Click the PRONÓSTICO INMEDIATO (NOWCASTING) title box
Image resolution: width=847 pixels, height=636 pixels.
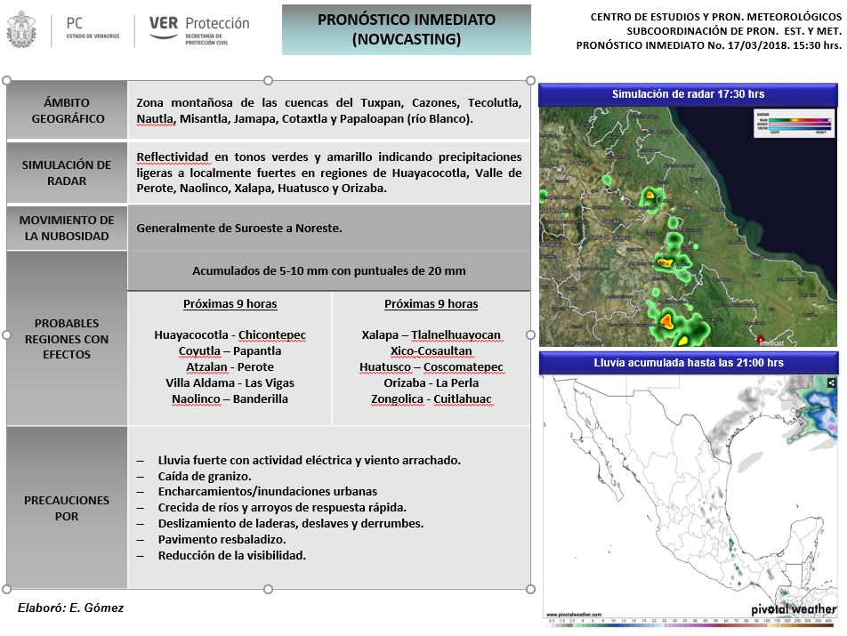point(407,30)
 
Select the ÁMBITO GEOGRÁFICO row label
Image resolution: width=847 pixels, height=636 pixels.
point(68,110)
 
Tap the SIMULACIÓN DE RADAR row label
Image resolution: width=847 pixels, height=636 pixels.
point(68,173)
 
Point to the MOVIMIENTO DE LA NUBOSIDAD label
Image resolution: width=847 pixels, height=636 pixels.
point(68,228)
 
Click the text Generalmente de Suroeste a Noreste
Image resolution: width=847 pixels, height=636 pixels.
point(239,229)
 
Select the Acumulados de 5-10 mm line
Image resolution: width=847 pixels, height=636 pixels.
point(328,271)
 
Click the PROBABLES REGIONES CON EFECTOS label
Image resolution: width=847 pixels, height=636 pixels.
point(68,339)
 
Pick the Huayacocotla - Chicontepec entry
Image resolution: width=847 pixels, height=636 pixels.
point(230,335)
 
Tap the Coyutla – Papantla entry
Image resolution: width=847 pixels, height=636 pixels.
point(230,351)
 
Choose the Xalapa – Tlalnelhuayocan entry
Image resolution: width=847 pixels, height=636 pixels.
point(431,335)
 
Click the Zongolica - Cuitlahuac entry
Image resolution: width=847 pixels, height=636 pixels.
point(431,399)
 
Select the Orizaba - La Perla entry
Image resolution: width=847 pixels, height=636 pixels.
point(431,383)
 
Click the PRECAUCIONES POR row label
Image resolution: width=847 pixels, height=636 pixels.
point(68,508)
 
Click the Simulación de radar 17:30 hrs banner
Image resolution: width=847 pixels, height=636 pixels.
point(688,94)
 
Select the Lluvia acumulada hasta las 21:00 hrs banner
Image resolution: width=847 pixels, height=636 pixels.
point(688,363)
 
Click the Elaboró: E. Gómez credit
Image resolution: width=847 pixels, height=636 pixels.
point(70,608)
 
